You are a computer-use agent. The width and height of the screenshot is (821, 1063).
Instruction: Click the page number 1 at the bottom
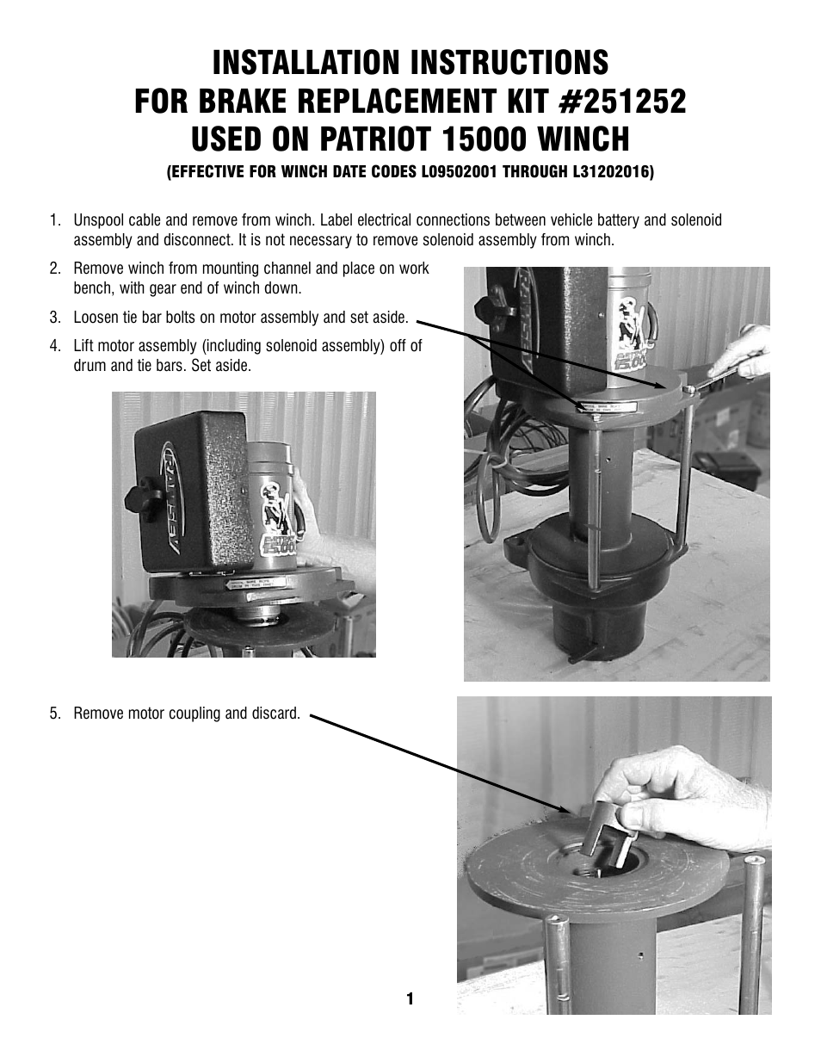tap(410, 998)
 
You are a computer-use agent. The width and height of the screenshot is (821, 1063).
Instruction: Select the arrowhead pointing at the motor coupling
tap(564, 810)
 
